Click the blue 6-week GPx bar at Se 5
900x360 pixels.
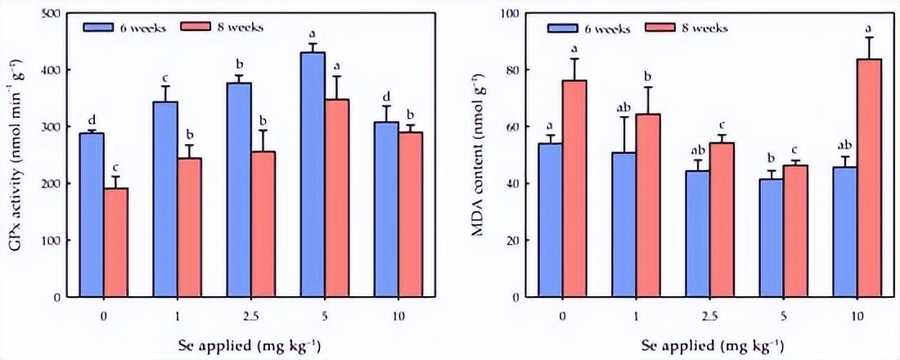click(312, 175)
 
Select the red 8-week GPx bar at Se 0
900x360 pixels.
click(115, 243)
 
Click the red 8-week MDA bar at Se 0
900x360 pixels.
click(574, 189)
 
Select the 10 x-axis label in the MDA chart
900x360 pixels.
click(856, 314)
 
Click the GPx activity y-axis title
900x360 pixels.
click(15, 155)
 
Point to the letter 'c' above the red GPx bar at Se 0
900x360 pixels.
click(115, 166)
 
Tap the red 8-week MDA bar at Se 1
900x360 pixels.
click(647, 205)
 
